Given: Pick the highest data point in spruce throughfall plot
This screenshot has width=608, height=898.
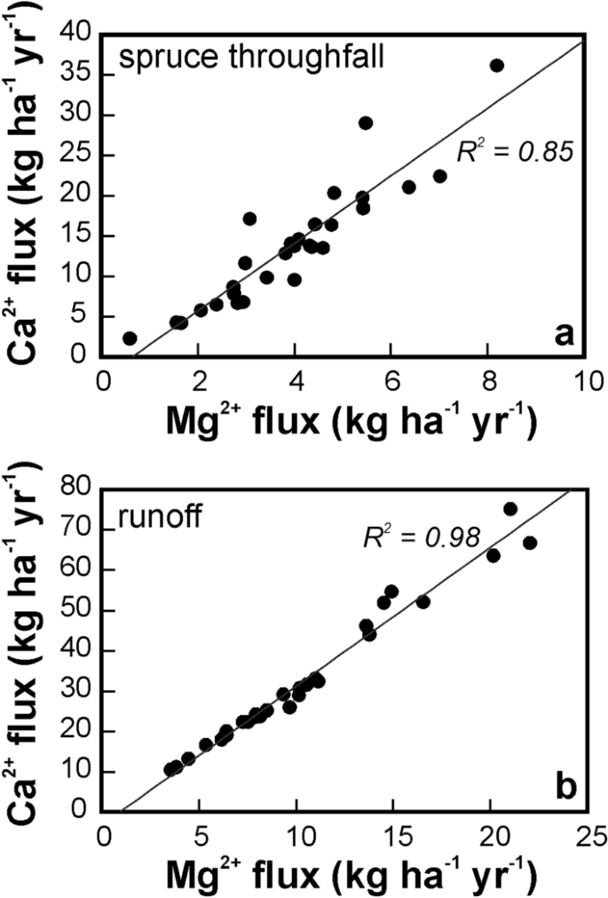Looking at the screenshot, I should pyautogui.click(x=497, y=65).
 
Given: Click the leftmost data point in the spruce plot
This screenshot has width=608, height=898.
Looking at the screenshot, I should pyautogui.click(x=130, y=338).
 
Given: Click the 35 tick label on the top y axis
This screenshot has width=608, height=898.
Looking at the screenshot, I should pyautogui.click(x=77, y=75).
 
